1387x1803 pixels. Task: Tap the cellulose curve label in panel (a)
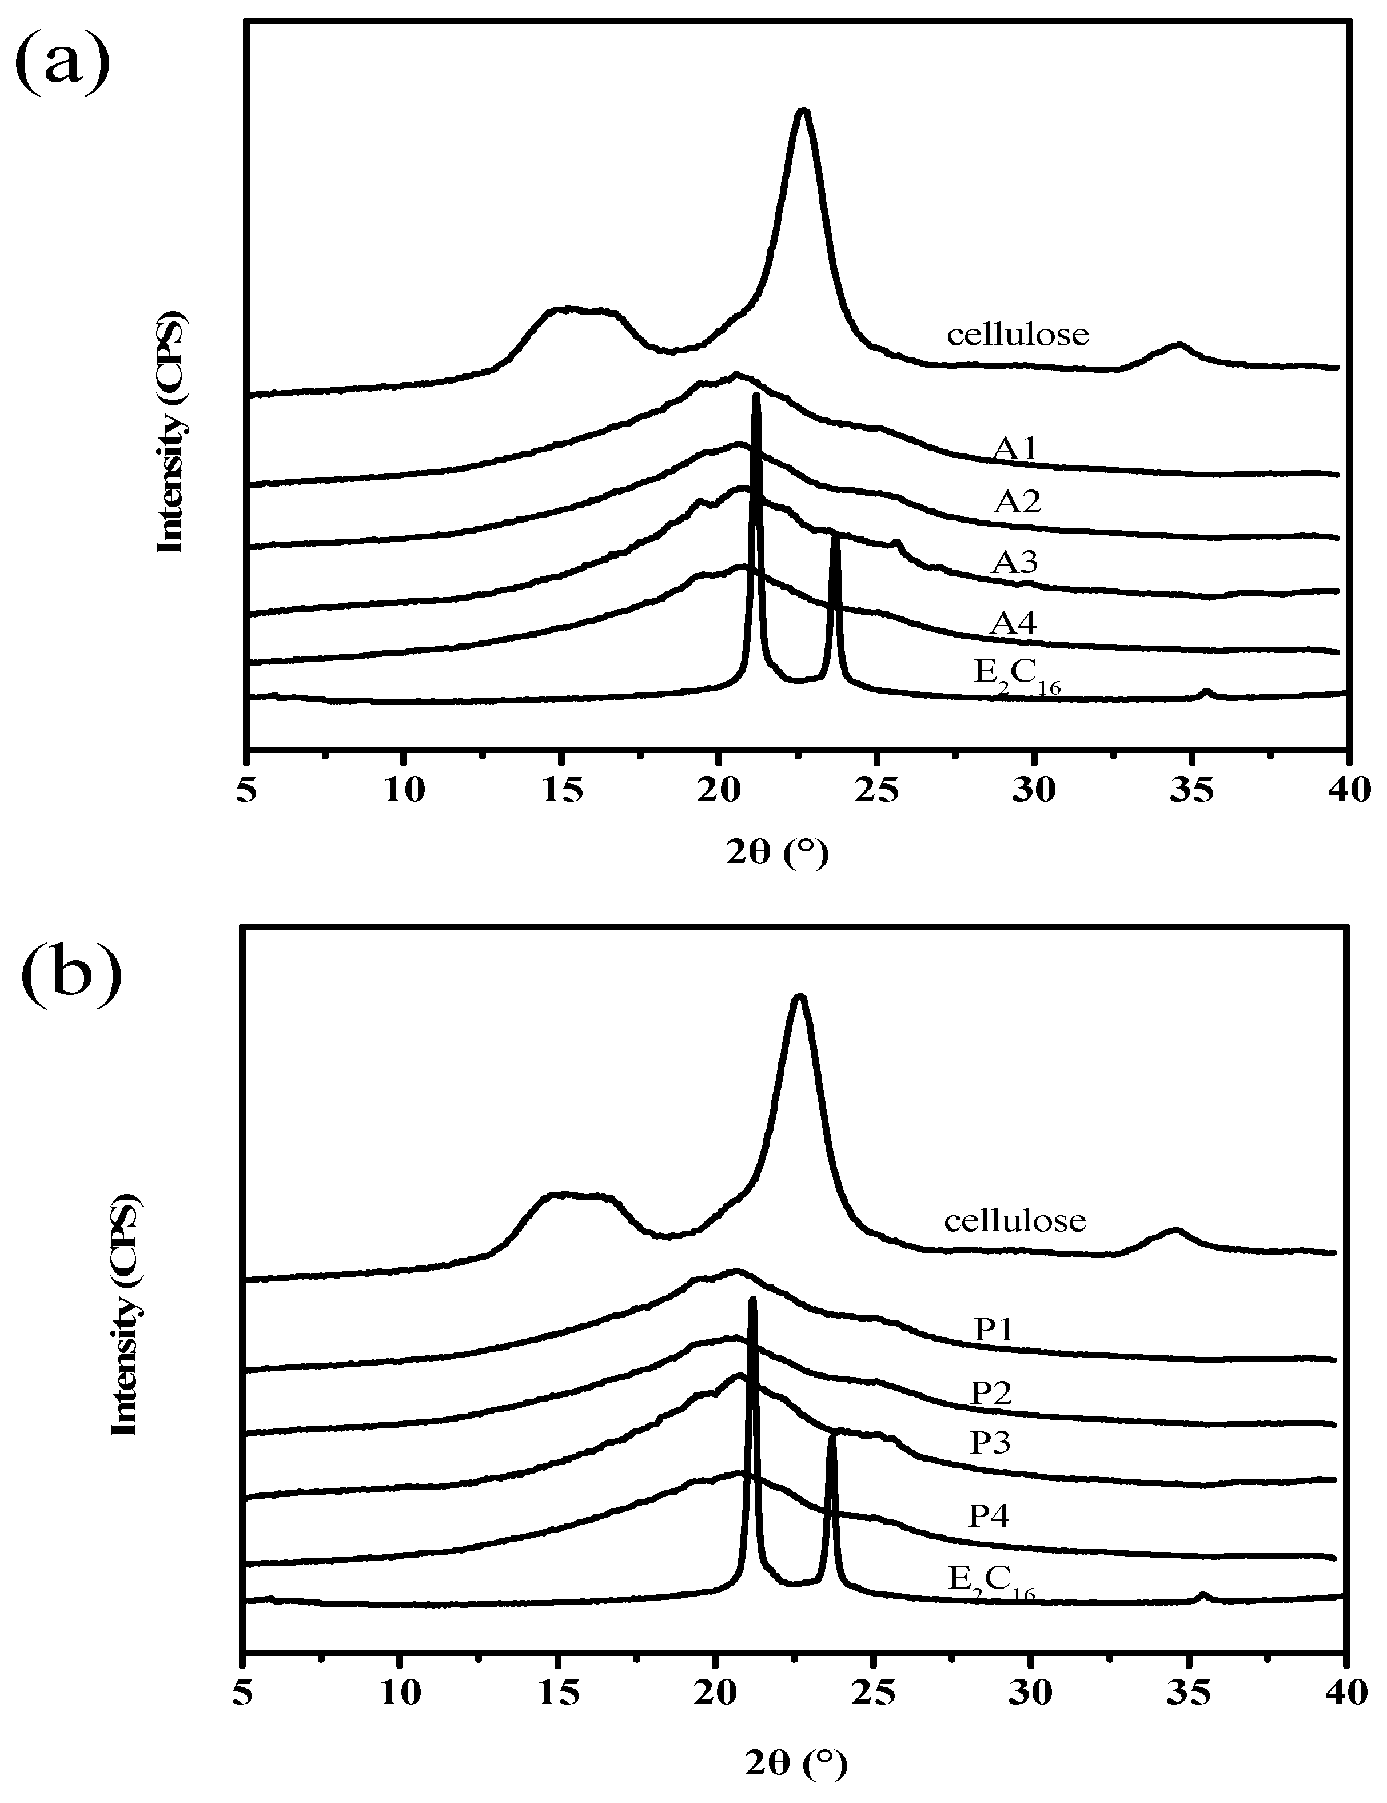(1017, 335)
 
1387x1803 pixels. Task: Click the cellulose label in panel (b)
(1015, 1219)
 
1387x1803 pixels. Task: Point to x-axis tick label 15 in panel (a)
(561, 790)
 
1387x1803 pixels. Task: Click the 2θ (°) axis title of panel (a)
(776, 854)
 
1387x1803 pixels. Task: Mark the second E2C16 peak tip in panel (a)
(835, 536)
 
